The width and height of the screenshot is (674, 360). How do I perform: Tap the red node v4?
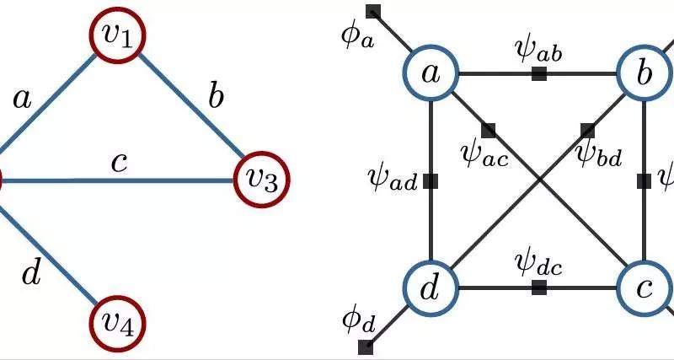pos(118,323)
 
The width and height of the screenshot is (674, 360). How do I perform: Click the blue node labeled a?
pos(431,73)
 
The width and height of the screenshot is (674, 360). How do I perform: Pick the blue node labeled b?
pos(645,73)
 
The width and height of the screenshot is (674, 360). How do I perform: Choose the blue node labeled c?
pos(645,287)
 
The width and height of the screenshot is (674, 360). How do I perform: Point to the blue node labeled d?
pos(431,287)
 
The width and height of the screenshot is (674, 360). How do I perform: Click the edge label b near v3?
pos(216,98)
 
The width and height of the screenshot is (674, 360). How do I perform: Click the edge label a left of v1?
pos(23,99)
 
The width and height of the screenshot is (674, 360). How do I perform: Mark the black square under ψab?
pos(539,74)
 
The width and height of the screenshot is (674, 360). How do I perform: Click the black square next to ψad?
pos(431,180)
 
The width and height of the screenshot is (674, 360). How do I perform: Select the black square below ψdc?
pos(539,287)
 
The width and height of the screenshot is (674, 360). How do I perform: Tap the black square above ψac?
pos(488,130)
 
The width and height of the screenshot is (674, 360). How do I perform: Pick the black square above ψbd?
pos(587,130)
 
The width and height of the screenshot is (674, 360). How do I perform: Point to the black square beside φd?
pos(366,347)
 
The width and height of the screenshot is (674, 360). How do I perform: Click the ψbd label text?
pos(597,154)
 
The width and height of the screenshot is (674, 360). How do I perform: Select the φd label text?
pos(357,320)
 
